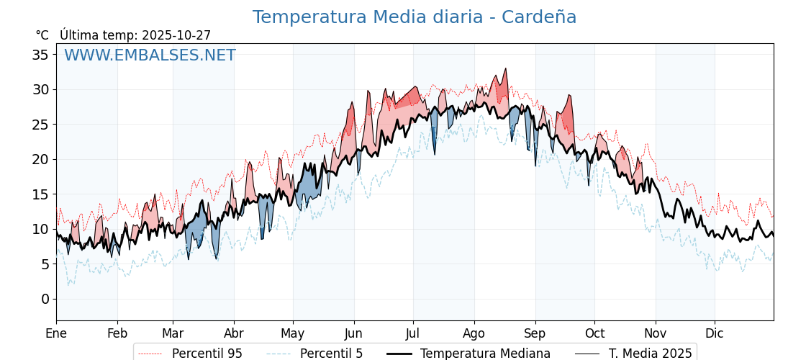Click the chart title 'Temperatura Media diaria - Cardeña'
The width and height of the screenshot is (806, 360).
tap(414, 17)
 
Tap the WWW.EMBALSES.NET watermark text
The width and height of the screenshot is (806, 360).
tap(150, 55)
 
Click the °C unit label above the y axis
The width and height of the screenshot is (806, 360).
tap(42, 35)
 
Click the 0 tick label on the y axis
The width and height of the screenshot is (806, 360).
tap(45, 299)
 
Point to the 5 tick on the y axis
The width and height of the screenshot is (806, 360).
tap(45, 264)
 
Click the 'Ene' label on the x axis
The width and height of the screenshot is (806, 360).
tap(56, 333)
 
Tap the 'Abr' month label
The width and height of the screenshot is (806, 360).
tap(234, 333)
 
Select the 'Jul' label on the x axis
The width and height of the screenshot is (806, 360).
tap(413, 333)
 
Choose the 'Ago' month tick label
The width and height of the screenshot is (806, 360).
tap(474, 333)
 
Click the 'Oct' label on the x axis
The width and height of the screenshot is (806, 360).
tap(594, 333)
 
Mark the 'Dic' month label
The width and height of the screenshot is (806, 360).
tap(715, 333)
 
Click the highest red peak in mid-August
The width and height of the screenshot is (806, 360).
tap(506, 69)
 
